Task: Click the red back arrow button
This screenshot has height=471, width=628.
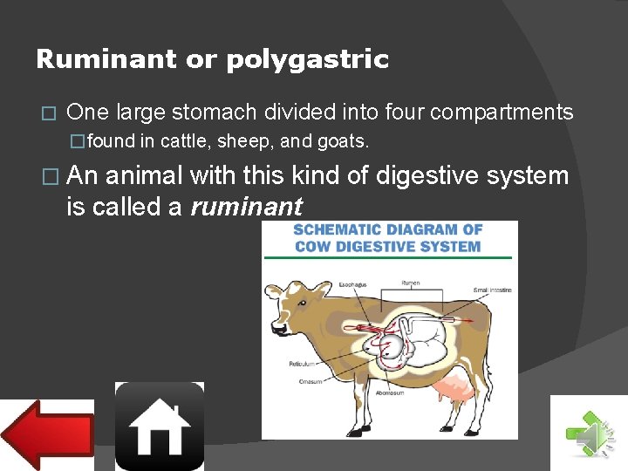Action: coord(48,433)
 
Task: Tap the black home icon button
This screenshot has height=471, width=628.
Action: coord(160,427)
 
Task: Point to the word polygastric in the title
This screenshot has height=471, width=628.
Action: coord(307,59)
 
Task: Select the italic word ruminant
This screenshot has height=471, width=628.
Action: coord(247,207)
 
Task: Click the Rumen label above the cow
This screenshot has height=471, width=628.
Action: coord(409,283)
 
